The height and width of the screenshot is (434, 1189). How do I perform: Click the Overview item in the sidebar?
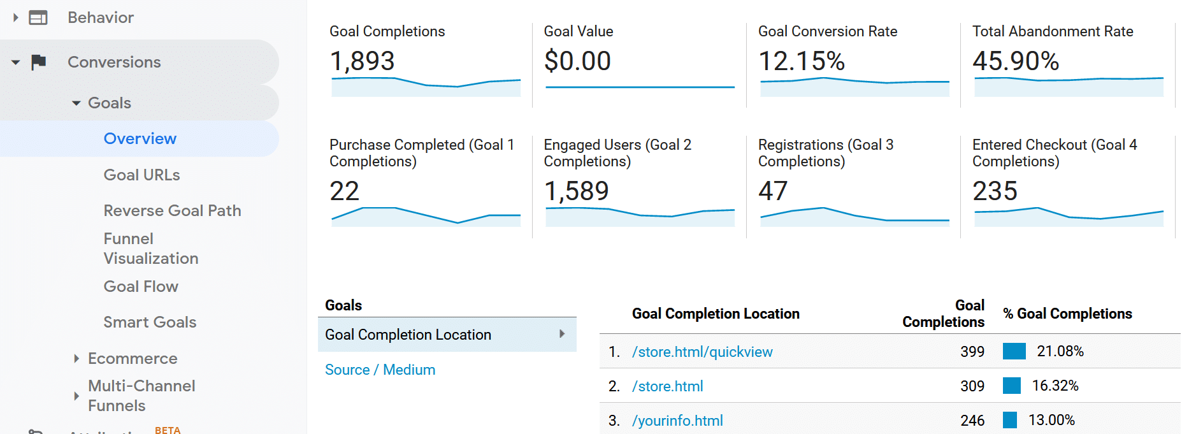140,139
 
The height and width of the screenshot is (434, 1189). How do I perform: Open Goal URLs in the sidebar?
141,175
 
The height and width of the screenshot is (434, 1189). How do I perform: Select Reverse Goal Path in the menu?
172,211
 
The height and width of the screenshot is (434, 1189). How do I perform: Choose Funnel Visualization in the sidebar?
151,249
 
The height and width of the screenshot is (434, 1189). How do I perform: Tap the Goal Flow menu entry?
141,287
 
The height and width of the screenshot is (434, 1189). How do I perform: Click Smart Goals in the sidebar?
150,322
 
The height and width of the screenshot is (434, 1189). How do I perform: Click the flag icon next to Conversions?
39,62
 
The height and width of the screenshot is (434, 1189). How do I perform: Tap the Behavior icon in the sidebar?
38,18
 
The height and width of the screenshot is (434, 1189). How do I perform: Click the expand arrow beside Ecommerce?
76,359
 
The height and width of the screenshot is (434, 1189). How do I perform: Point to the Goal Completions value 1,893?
362,61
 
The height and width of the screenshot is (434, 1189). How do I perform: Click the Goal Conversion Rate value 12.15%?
801,61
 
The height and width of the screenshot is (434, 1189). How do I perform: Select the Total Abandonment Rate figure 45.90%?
1015,61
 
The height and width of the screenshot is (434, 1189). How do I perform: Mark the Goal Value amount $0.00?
577,61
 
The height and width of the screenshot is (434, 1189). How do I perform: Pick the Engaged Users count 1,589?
576,191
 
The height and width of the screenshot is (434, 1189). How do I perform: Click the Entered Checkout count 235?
994,191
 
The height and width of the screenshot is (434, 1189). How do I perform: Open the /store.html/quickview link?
702,352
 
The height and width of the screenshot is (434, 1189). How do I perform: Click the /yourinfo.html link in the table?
677,421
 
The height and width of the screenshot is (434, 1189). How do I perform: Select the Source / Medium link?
380,370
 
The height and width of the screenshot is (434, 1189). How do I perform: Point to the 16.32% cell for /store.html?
1055,386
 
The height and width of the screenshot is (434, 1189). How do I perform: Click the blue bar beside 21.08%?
1014,351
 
